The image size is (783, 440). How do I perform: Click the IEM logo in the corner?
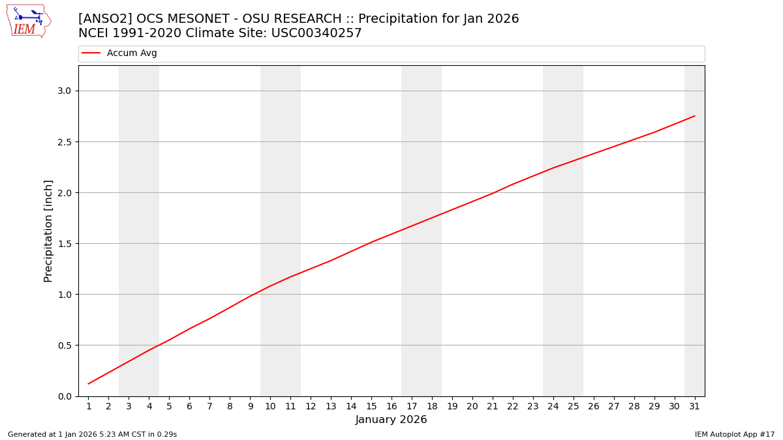pyautogui.click(x=28, y=21)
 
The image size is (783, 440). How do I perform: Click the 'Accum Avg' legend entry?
pyautogui.click(x=132, y=53)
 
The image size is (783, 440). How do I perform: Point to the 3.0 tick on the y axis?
pyautogui.click(x=63, y=91)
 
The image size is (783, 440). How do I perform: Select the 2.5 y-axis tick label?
pyautogui.click(x=63, y=141)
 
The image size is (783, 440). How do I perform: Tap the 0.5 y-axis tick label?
pyautogui.click(x=63, y=345)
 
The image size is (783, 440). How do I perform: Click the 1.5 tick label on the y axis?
pyautogui.click(x=63, y=244)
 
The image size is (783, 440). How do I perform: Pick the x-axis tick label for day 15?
pyautogui.click(x=371, y=407)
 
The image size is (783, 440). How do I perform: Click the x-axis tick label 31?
pyautogui.click(x=694, y=407)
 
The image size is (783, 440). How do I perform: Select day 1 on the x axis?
pyautogui.click(x=89, y=407)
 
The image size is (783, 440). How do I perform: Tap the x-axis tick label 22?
pyautogui.click(x=513, y=407)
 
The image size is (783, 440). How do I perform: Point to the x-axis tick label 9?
pyautogui.click(x=250, y=407)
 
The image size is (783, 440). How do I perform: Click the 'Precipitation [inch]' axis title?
pyautogui.click(x=48, y=231)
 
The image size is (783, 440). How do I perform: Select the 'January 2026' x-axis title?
pyautogui.click(x=391, y=420)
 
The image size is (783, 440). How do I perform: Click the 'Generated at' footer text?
pyautogui.click(x=92, y=434)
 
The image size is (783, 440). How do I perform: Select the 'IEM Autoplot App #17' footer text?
pyautogui.click(x=735, y=434)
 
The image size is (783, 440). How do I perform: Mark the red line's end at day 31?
pyautogui.click(x=694, y=116)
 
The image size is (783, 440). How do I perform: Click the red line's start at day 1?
pyautogui.click(x=89, y=384)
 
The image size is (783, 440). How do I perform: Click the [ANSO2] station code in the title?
pyautogui.click(x=105, y=19)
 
